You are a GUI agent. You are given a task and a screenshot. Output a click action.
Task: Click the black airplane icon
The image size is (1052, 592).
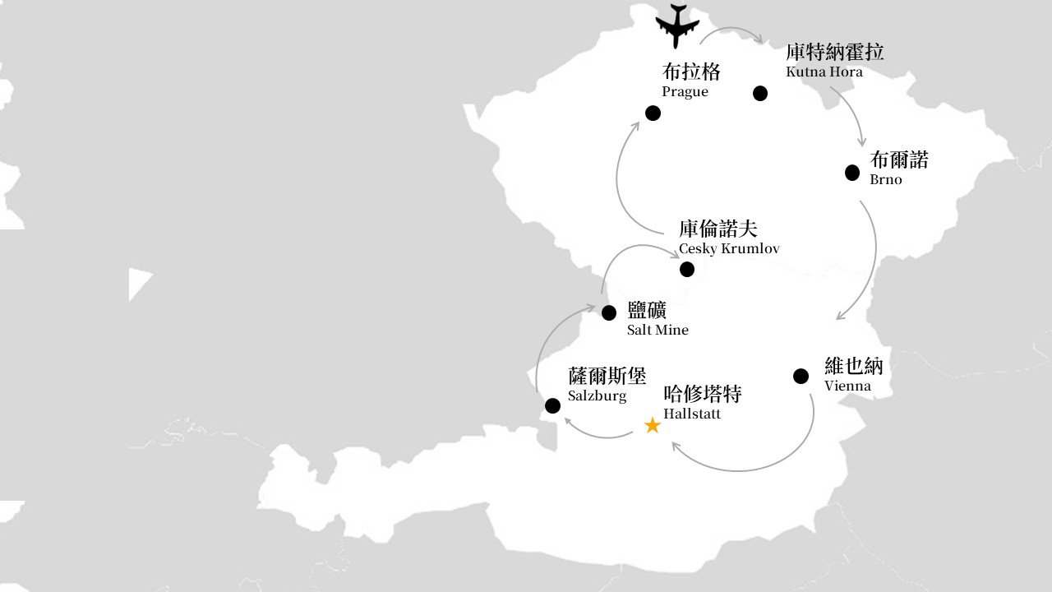tap(676, 25)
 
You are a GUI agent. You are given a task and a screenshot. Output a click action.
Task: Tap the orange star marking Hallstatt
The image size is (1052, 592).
tap(653, 426)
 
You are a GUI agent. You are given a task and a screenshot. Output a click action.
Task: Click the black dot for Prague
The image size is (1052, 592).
tap(653, 113)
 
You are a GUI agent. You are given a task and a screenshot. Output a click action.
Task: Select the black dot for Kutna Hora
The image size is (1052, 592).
tap(760, 94)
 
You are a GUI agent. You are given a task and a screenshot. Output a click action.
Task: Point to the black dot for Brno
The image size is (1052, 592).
tap(852, 173)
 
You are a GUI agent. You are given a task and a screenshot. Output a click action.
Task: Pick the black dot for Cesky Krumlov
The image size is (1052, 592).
tap(686, 269)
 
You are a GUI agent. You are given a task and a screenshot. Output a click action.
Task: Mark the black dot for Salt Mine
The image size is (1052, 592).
tap(609, 313)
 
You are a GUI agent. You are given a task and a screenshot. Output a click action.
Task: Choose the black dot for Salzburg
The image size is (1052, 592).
tap(552, 405)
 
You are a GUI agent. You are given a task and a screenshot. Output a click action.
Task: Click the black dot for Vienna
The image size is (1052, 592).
tap(801, 376)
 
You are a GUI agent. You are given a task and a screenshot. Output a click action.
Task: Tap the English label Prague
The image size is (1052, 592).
tap(685, 91)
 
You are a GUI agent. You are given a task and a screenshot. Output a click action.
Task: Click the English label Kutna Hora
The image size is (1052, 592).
tap(824, 72)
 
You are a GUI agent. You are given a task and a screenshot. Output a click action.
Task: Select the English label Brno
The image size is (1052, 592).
tap(886, 179)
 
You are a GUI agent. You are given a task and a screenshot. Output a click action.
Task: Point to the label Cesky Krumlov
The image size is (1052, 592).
tap(729, 249)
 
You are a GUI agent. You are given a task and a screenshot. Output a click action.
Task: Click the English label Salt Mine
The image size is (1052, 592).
tap(657, 330)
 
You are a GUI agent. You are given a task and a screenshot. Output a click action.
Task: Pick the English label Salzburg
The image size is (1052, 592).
tap(597, 396)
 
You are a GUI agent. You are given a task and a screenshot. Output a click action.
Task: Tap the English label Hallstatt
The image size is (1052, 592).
tap(692, 414)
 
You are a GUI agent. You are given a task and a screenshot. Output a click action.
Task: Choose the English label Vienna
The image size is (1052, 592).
tap(847, 386)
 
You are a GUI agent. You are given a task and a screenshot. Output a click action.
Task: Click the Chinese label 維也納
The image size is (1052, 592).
tap(854, 366)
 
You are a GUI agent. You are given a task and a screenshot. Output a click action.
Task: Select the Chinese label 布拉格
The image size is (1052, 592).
tap(691, 72)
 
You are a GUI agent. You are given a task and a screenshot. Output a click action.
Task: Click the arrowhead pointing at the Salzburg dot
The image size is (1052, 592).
tap(568, 421)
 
